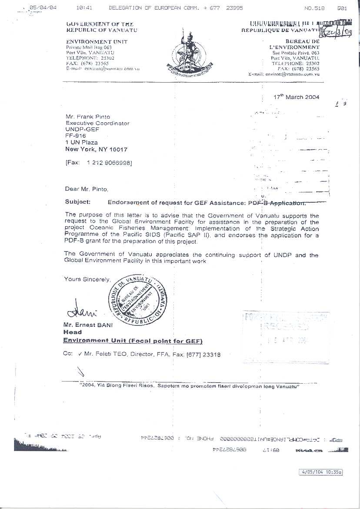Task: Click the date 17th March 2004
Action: pyautogui.click(x=297, y=97)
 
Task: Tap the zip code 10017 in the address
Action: pyautogui.click(x=119, y=149)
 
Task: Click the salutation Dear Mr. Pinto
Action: pyautogui.click(x=86, y=189)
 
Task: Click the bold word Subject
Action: pyautogui.click(x=78, y=202)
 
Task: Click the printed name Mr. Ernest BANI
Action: pyautogui.click(x=88, y=325)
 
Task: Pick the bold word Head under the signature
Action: pyautogui.click(x=72, y=332)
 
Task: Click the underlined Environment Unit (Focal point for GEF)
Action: pyautogui.click(x=133, y=341)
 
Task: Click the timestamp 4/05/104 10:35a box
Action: pyautogui.click(x=321, y=472)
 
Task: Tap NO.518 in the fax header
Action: pyautogui.click(x=315, y=8)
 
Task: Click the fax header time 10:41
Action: pyautogui.click(x=83, y=8)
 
